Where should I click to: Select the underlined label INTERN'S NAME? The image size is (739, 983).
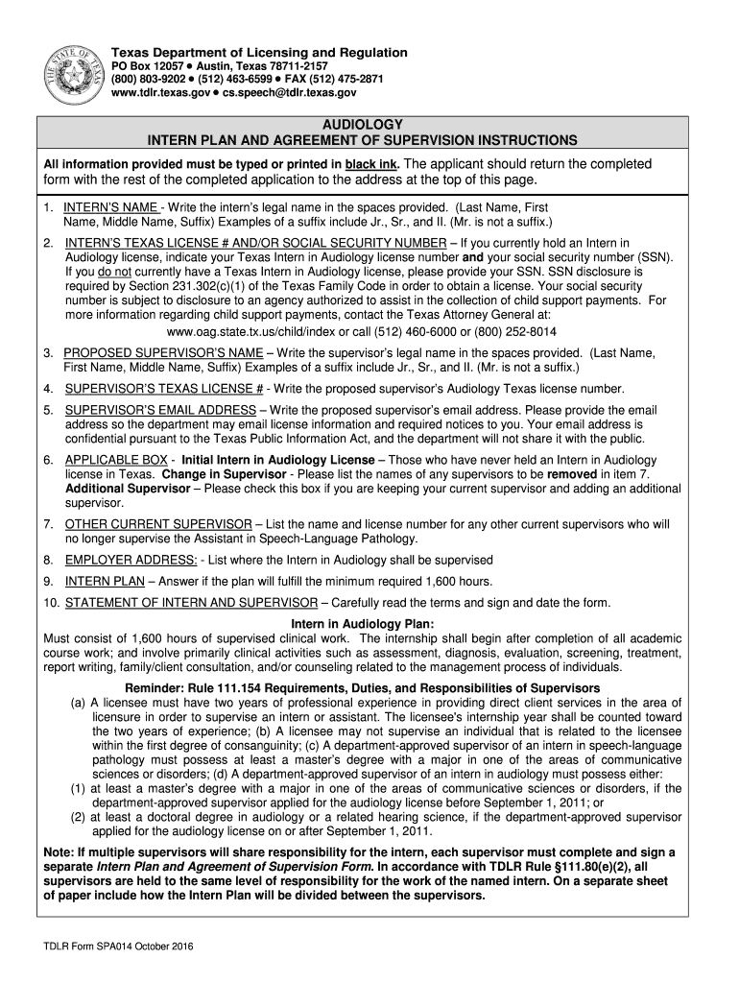[110, 207]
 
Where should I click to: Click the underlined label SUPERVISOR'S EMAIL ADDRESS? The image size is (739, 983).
[160, 410]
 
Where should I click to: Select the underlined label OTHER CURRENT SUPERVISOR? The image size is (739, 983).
[158, 524]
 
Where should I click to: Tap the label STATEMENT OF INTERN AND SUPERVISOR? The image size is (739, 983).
[190, 603]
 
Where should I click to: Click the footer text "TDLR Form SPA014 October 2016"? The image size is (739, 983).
[119, 947]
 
